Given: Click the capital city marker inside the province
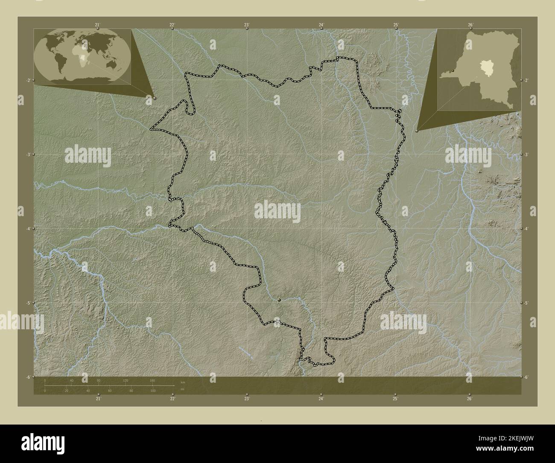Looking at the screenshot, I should pyautogui.click(x=279, y=300).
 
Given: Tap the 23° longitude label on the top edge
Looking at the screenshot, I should pyautogui.click(x=246, y=25).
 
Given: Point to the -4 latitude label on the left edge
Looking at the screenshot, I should pyautogui.click(x=28, y=229).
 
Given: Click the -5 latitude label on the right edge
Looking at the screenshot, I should pyautogui.click(x=526, y=303).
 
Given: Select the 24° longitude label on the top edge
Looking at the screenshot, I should pyautogui.click(x=321, y=25).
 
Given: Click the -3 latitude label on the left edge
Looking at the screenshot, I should pyautogui.click(x=28, y=154).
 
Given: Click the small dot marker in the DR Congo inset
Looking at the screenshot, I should pyautogui.click(x=452, y=71).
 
